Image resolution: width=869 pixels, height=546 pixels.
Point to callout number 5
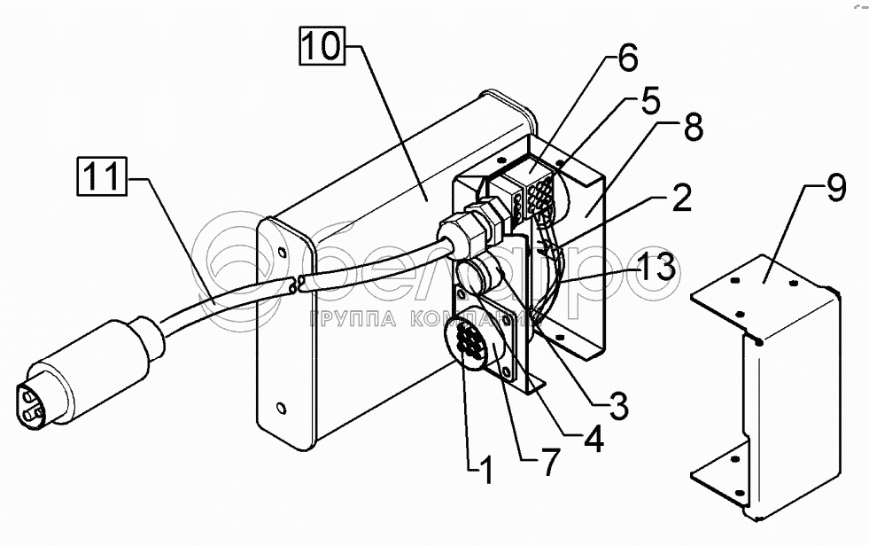tap(649, 100)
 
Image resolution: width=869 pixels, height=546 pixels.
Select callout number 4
tap(591, 439)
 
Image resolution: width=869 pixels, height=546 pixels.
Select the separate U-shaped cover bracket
tap(766, 381)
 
